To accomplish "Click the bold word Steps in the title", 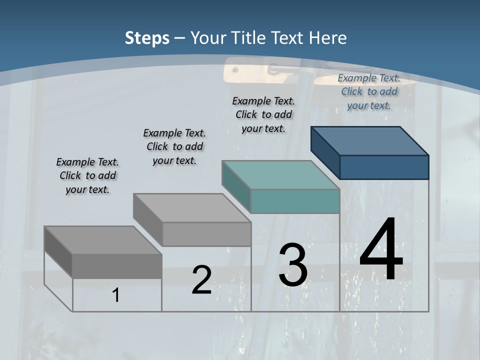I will [147, 38].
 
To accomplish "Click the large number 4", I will [381, 250].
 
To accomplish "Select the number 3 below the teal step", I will [293, 265].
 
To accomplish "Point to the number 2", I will [201, 280].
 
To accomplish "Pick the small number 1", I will [116, 295].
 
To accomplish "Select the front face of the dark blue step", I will [384, 167].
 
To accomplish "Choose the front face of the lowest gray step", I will [117, 266].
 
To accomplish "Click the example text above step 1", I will [87, 175].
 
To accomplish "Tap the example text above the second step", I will [174, 146].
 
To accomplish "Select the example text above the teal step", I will [263, 114].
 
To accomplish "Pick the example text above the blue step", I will [369, 91].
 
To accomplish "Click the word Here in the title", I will [328, 38].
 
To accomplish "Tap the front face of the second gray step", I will [206, 234].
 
